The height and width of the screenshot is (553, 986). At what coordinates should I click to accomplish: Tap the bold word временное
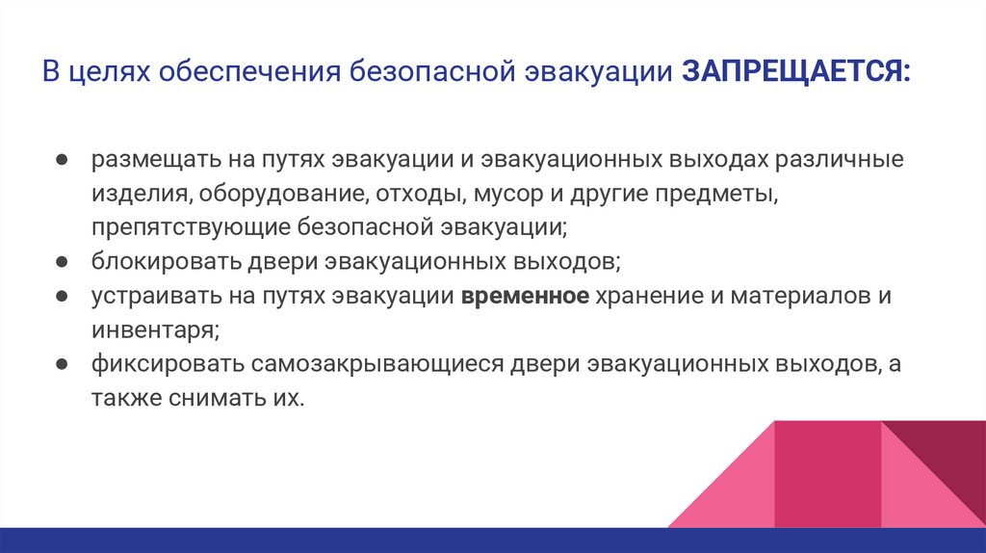pyautogui.click(x=525, y=296)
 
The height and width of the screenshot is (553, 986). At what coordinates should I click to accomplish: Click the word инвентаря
pyautogui.click(x=155, y=330)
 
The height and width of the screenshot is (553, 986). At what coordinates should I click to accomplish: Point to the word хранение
pyautogui.click(x=648, y=296)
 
